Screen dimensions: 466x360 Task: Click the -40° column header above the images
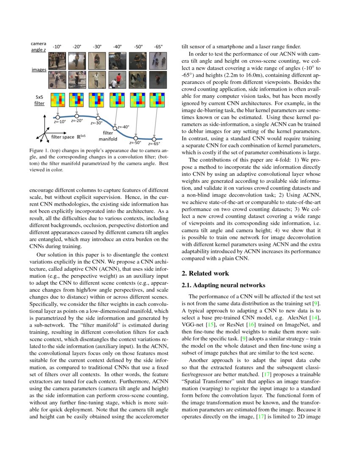[117, 47]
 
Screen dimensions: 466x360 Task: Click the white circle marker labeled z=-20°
[77, 116]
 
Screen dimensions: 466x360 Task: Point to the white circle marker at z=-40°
[115, 128]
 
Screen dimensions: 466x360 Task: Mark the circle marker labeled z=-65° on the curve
[154, 139]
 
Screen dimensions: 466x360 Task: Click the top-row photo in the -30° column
[97, 61]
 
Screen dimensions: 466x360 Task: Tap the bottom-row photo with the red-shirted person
[77, 79]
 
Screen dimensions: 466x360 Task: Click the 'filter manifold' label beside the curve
[108, 136]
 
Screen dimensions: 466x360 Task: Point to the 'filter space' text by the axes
[63, 137]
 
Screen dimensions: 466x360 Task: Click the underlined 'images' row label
[39, 69]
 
